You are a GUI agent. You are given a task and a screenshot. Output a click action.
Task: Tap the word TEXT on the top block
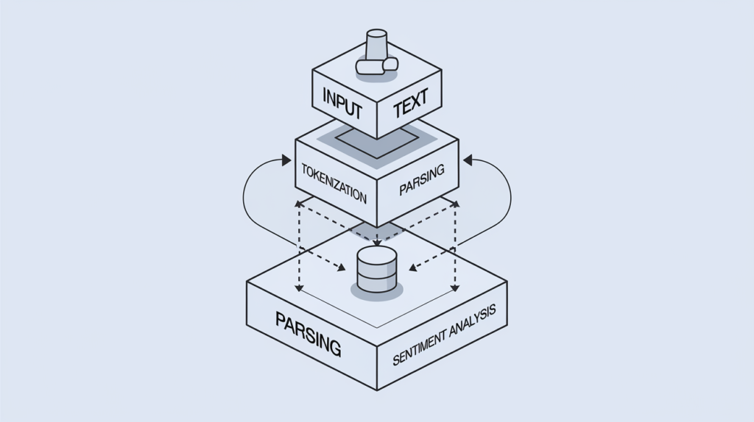[410, 107]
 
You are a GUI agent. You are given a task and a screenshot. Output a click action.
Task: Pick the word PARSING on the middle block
[422, 180]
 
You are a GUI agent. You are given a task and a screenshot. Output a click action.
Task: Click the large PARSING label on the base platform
[308, 333]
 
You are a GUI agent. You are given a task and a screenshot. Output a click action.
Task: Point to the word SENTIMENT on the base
[422, 349]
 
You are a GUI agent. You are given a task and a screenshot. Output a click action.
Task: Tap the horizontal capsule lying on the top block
[376, 66]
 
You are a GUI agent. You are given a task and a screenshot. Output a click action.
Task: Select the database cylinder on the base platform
[376, 270]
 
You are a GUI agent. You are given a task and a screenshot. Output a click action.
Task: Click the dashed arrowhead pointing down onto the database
[376, 243]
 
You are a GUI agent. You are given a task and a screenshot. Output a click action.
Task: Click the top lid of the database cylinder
[376, 255]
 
